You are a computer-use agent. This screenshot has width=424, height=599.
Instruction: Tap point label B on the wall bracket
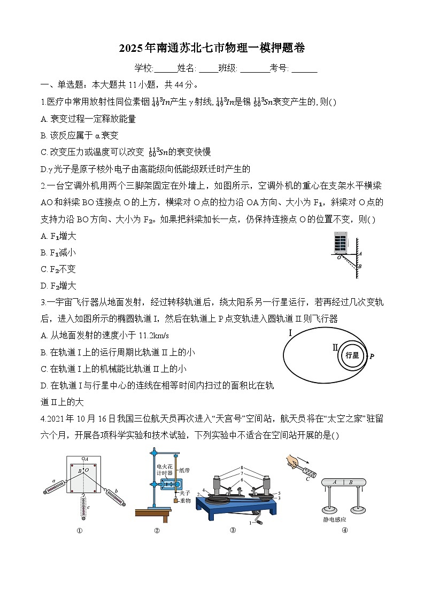360,266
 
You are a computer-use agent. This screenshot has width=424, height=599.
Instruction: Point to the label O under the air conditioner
338,257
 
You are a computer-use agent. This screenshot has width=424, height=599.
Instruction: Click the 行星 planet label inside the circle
352,355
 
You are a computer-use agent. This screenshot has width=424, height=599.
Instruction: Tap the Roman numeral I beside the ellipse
290,333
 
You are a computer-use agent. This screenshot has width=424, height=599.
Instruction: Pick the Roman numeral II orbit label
335,347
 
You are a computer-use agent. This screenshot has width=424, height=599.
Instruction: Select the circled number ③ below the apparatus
233,531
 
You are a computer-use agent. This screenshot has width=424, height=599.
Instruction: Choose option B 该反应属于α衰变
80,135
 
